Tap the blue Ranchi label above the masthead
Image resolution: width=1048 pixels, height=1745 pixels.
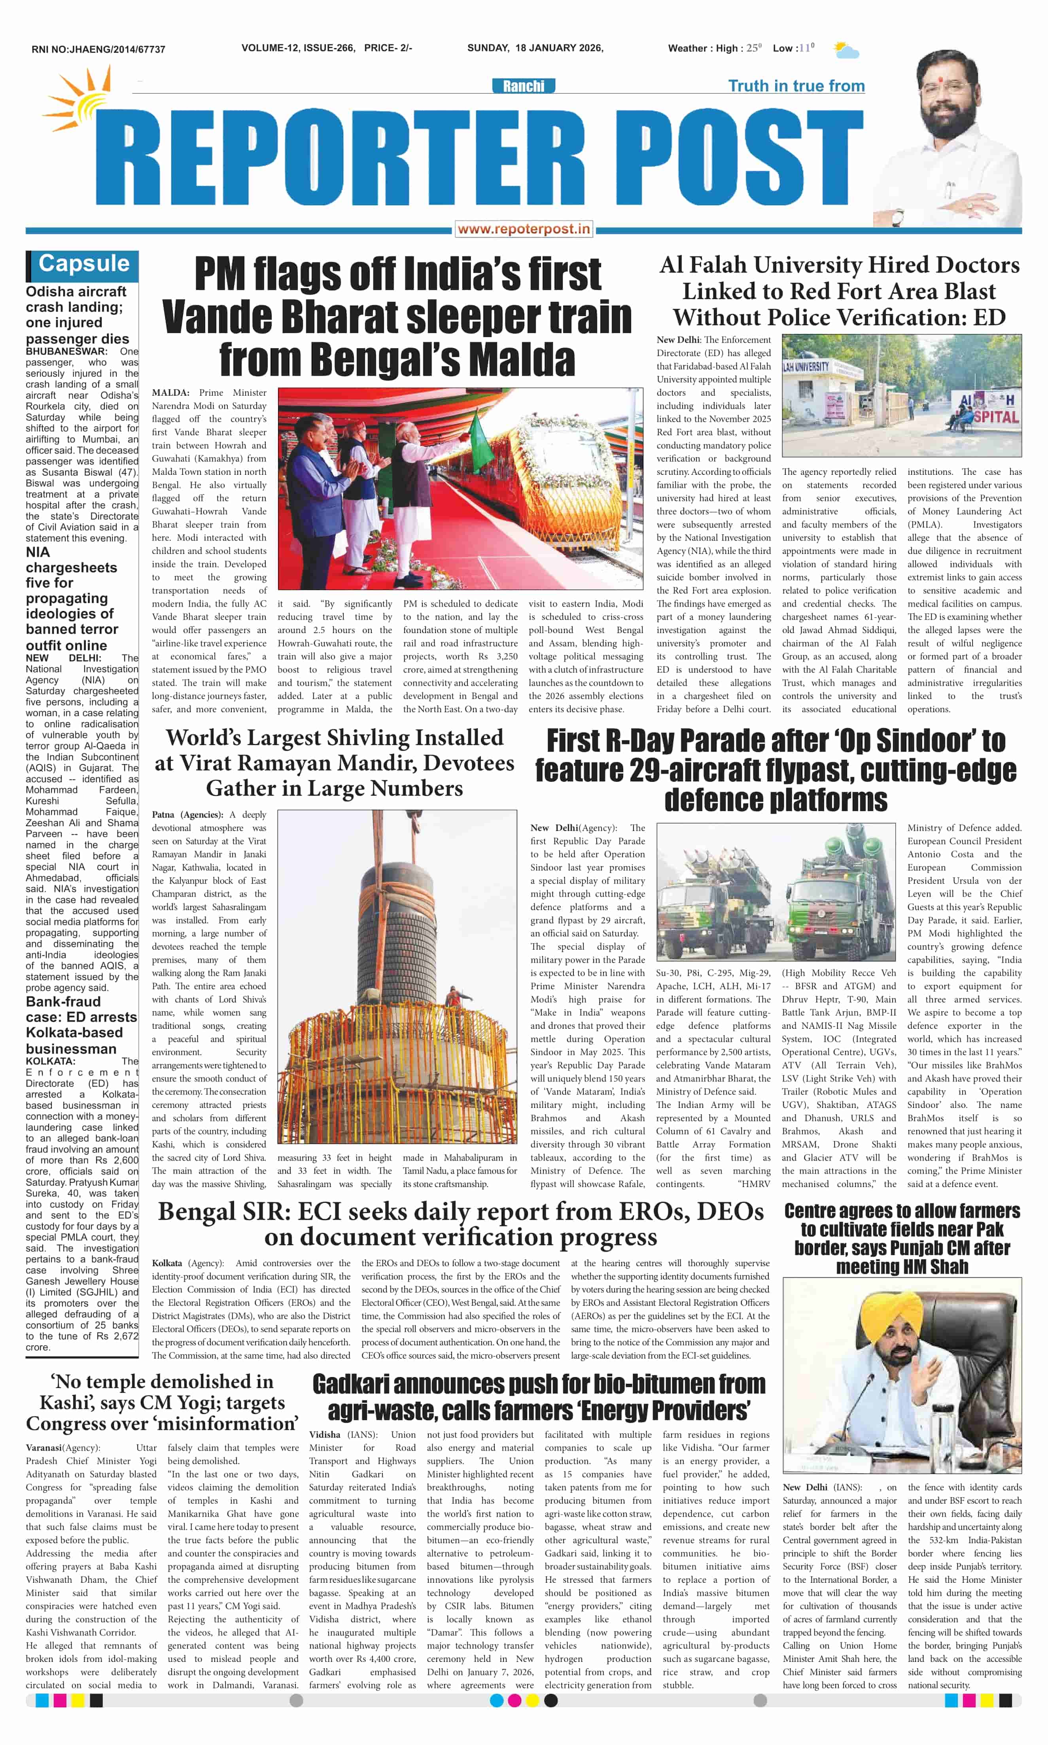(x=523, y=86)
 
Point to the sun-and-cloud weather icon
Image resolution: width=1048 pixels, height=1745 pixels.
(x=846, y=50)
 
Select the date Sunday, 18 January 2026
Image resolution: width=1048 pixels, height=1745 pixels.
(x=535, y=48)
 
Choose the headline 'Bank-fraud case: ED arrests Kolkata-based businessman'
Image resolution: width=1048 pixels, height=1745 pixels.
(x=81, y=1024)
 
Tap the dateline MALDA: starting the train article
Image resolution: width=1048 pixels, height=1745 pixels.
(x=170, y=393)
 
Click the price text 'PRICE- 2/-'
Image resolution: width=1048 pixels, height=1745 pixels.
(x=388, y=48)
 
